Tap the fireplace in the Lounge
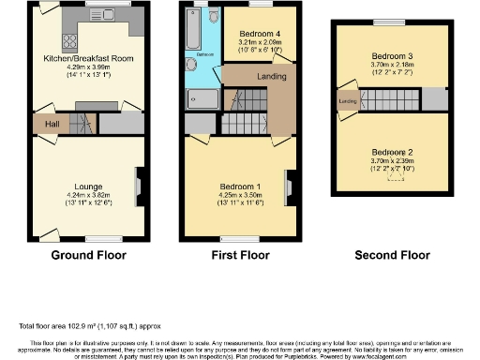(139, 185)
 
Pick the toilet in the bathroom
(214, 17)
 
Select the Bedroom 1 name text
(240, 187)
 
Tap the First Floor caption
(240, 254)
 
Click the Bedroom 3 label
(392, 55)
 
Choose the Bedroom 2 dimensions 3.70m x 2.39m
(392, 160)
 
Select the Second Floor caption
(392, 254)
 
